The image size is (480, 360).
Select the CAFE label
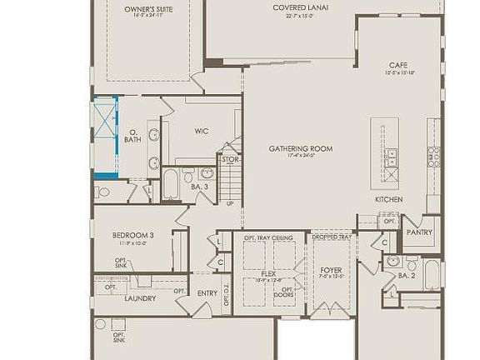pyautogui.click(x=397, y=64)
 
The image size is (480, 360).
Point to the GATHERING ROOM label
pyautogui.click(x=300, y=148)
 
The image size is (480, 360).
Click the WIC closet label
pyautogui.click(x=201, y=131)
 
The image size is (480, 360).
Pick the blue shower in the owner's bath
pyautogui.click(x=105, y=137)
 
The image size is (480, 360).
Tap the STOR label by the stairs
pyautogui.click(x=230, y=159)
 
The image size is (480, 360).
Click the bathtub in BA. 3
pyautogui.click(x=170, y=183)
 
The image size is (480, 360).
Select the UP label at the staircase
pyautogui.click(x=230, y=202)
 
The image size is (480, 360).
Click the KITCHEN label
pyautogui.click(x=389, y=200)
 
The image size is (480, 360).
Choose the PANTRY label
pyautogui.click(x=419, y=232)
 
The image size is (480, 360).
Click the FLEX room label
pyautogui.click(x=268, y=272)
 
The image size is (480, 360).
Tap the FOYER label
pyautogui.click(x=331, y=271)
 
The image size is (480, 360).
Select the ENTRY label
pyautogui.click(x=207, y=292)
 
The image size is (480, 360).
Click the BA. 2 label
pyautogui.click(x=407, y=275)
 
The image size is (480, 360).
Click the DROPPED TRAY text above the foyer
pyautogui.click(x=331, y=238)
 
